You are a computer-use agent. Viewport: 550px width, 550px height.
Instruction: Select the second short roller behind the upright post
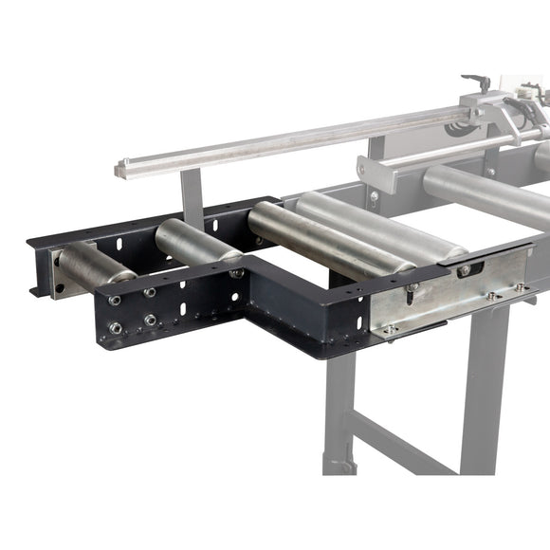pyautogui.click(x=194, y=243)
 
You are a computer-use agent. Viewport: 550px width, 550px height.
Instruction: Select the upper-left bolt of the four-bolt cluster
pyautogui.click(x=115, y=301)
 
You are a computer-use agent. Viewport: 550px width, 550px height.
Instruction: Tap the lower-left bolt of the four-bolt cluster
pyautogui.click(x=116, y=328)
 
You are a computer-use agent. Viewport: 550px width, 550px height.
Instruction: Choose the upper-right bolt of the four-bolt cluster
pyautogui.click(x=150, y=293)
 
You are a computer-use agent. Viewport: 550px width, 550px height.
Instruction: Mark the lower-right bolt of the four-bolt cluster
pyautogui.click(x=150, y=320)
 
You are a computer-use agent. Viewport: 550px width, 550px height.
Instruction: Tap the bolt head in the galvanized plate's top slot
pyautogui.click(x=464, y=270)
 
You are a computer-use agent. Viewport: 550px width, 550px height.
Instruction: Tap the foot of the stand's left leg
pyautogui.click(x=339, y=465)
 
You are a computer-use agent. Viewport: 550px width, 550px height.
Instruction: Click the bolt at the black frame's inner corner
pyautogui.click(x=235, y=273)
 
